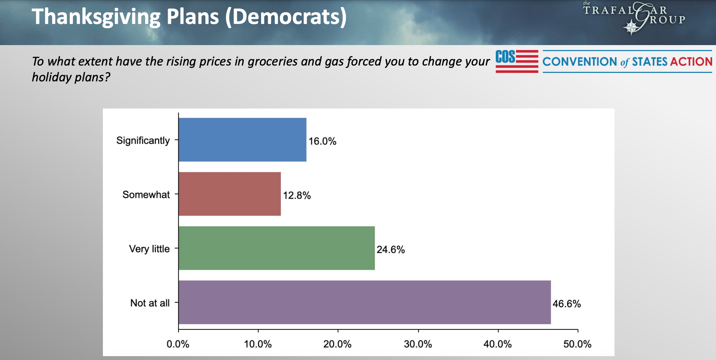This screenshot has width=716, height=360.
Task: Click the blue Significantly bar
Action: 242,140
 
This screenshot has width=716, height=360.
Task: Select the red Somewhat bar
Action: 230,194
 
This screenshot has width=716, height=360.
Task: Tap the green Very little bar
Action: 277,248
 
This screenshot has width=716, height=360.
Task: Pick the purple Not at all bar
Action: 365,302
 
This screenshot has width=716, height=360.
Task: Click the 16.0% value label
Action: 322,141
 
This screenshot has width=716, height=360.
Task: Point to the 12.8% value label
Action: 297,195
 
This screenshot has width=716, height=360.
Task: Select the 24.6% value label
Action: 390,250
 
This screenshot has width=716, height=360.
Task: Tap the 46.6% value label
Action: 566,304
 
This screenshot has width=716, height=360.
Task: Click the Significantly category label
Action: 143,141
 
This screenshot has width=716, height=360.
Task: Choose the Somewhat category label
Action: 146,195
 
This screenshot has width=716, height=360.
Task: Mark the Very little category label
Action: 149,249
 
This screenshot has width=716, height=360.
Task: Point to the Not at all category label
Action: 150,303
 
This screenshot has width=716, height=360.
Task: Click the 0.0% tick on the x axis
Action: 178,344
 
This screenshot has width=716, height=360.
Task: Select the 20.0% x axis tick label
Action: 337,344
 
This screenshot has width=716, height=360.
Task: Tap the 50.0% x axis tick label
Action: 577,344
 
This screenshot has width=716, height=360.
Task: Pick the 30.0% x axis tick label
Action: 418,344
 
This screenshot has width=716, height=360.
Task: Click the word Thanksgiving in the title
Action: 96,17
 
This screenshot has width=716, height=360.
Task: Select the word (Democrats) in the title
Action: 286,17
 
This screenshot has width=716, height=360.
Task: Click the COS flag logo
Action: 517,61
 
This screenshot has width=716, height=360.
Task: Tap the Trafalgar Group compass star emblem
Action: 631,27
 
